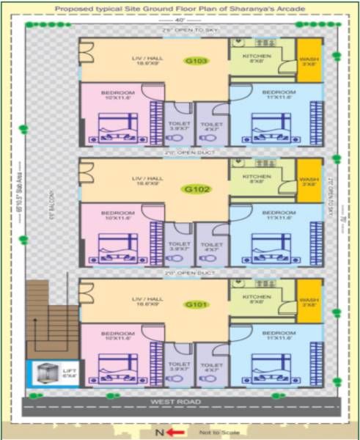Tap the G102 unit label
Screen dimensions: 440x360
click(196, 188)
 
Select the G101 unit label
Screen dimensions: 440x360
click(196, 304)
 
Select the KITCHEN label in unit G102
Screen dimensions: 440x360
click(257, 178)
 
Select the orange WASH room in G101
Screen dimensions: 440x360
click(308, 301)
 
